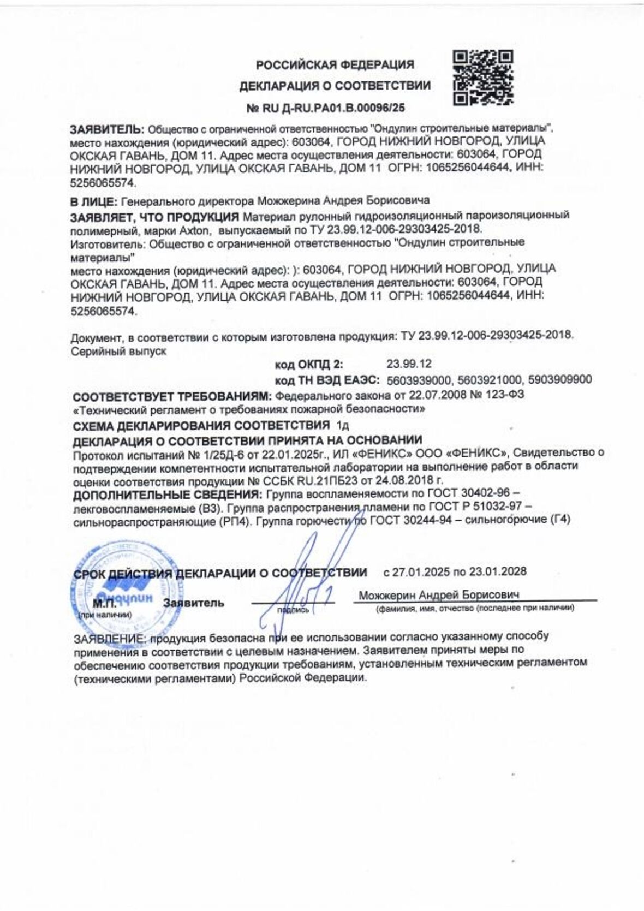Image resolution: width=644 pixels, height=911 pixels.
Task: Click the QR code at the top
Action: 484,78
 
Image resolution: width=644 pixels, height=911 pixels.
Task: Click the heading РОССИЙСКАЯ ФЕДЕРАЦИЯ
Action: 335,64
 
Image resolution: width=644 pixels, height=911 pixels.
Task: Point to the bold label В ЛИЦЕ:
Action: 93,201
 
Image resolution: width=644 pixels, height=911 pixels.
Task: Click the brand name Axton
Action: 194,229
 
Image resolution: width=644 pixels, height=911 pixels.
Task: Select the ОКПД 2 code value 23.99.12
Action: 409,364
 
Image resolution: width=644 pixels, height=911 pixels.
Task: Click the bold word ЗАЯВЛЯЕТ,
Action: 105,217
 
